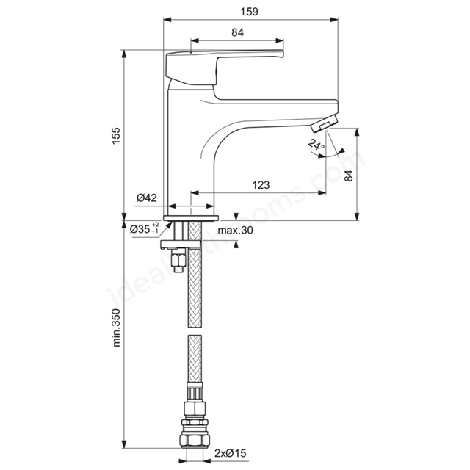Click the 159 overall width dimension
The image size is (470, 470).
(249, 12)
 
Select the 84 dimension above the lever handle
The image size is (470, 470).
(237, 32)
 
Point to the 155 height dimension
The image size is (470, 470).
(116, 135)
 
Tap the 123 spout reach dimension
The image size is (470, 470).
(261, 185)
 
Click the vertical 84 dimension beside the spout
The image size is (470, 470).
(349, 176)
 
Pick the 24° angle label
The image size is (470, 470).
(317, 145)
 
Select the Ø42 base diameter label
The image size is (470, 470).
(147, 198)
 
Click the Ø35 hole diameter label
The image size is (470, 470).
(144, 229)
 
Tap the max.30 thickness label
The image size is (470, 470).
(235, 230)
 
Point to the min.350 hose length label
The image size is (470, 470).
(116, 328)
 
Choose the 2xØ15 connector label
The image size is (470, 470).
(230, 453)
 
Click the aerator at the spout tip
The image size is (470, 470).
(324, 124)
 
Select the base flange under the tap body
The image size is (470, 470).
(191, 218)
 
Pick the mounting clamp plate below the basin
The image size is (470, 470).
(181, 245)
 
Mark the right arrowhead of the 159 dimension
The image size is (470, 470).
(334, 20)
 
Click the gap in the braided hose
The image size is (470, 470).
(195, 331)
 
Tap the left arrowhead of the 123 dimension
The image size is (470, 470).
(195, 192)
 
